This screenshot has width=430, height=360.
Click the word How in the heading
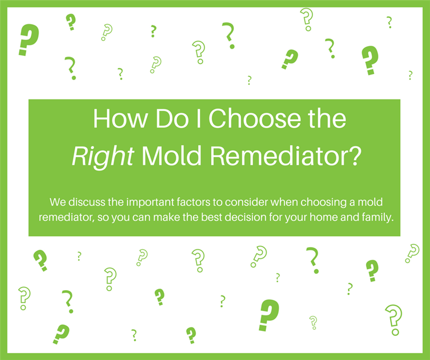point(120,118)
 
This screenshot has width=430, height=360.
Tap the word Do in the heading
point(172,118)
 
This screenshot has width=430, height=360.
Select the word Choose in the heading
point(254,118)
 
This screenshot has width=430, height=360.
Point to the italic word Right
point(103,156)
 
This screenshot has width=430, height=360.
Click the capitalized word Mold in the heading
point(171,156)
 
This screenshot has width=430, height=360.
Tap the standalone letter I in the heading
point(199,118)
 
